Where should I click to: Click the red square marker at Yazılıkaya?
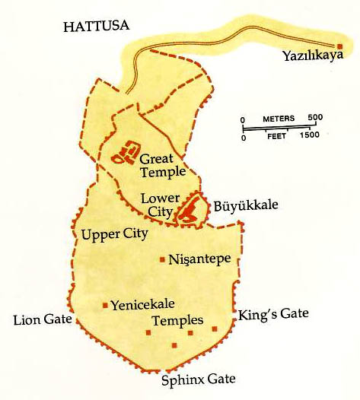(339, 46)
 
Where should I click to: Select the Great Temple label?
(162, 166)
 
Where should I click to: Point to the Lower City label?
(160, 204)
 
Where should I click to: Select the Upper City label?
(114, 233)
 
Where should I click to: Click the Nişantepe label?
(200, 259)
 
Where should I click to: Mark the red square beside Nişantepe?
(162, 259)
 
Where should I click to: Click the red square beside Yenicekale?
(105, 306)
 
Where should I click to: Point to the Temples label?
(178, 320)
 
